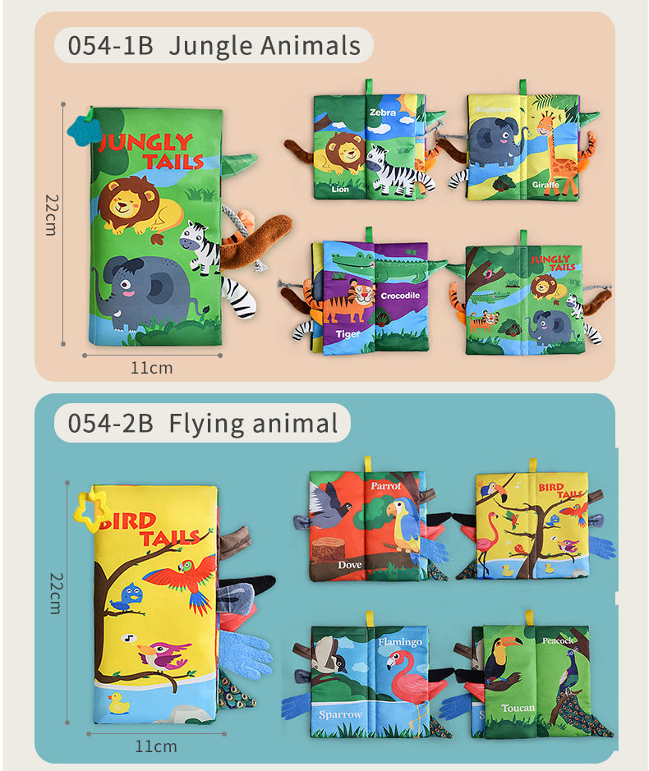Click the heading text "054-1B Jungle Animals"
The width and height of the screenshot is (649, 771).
214,46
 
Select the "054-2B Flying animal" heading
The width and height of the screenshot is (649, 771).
202,424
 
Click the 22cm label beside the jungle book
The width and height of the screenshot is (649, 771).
51,215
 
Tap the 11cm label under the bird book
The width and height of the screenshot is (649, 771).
155,746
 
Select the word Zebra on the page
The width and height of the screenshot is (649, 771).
382,112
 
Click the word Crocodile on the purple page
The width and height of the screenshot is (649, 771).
400,295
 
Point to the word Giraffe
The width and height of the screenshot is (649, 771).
545,186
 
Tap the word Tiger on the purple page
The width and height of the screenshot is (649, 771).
347,334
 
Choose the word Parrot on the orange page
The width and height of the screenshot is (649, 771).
385,485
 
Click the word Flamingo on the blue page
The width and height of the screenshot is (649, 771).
400,641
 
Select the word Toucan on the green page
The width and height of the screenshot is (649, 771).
518,708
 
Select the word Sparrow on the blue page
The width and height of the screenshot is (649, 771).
340,714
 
